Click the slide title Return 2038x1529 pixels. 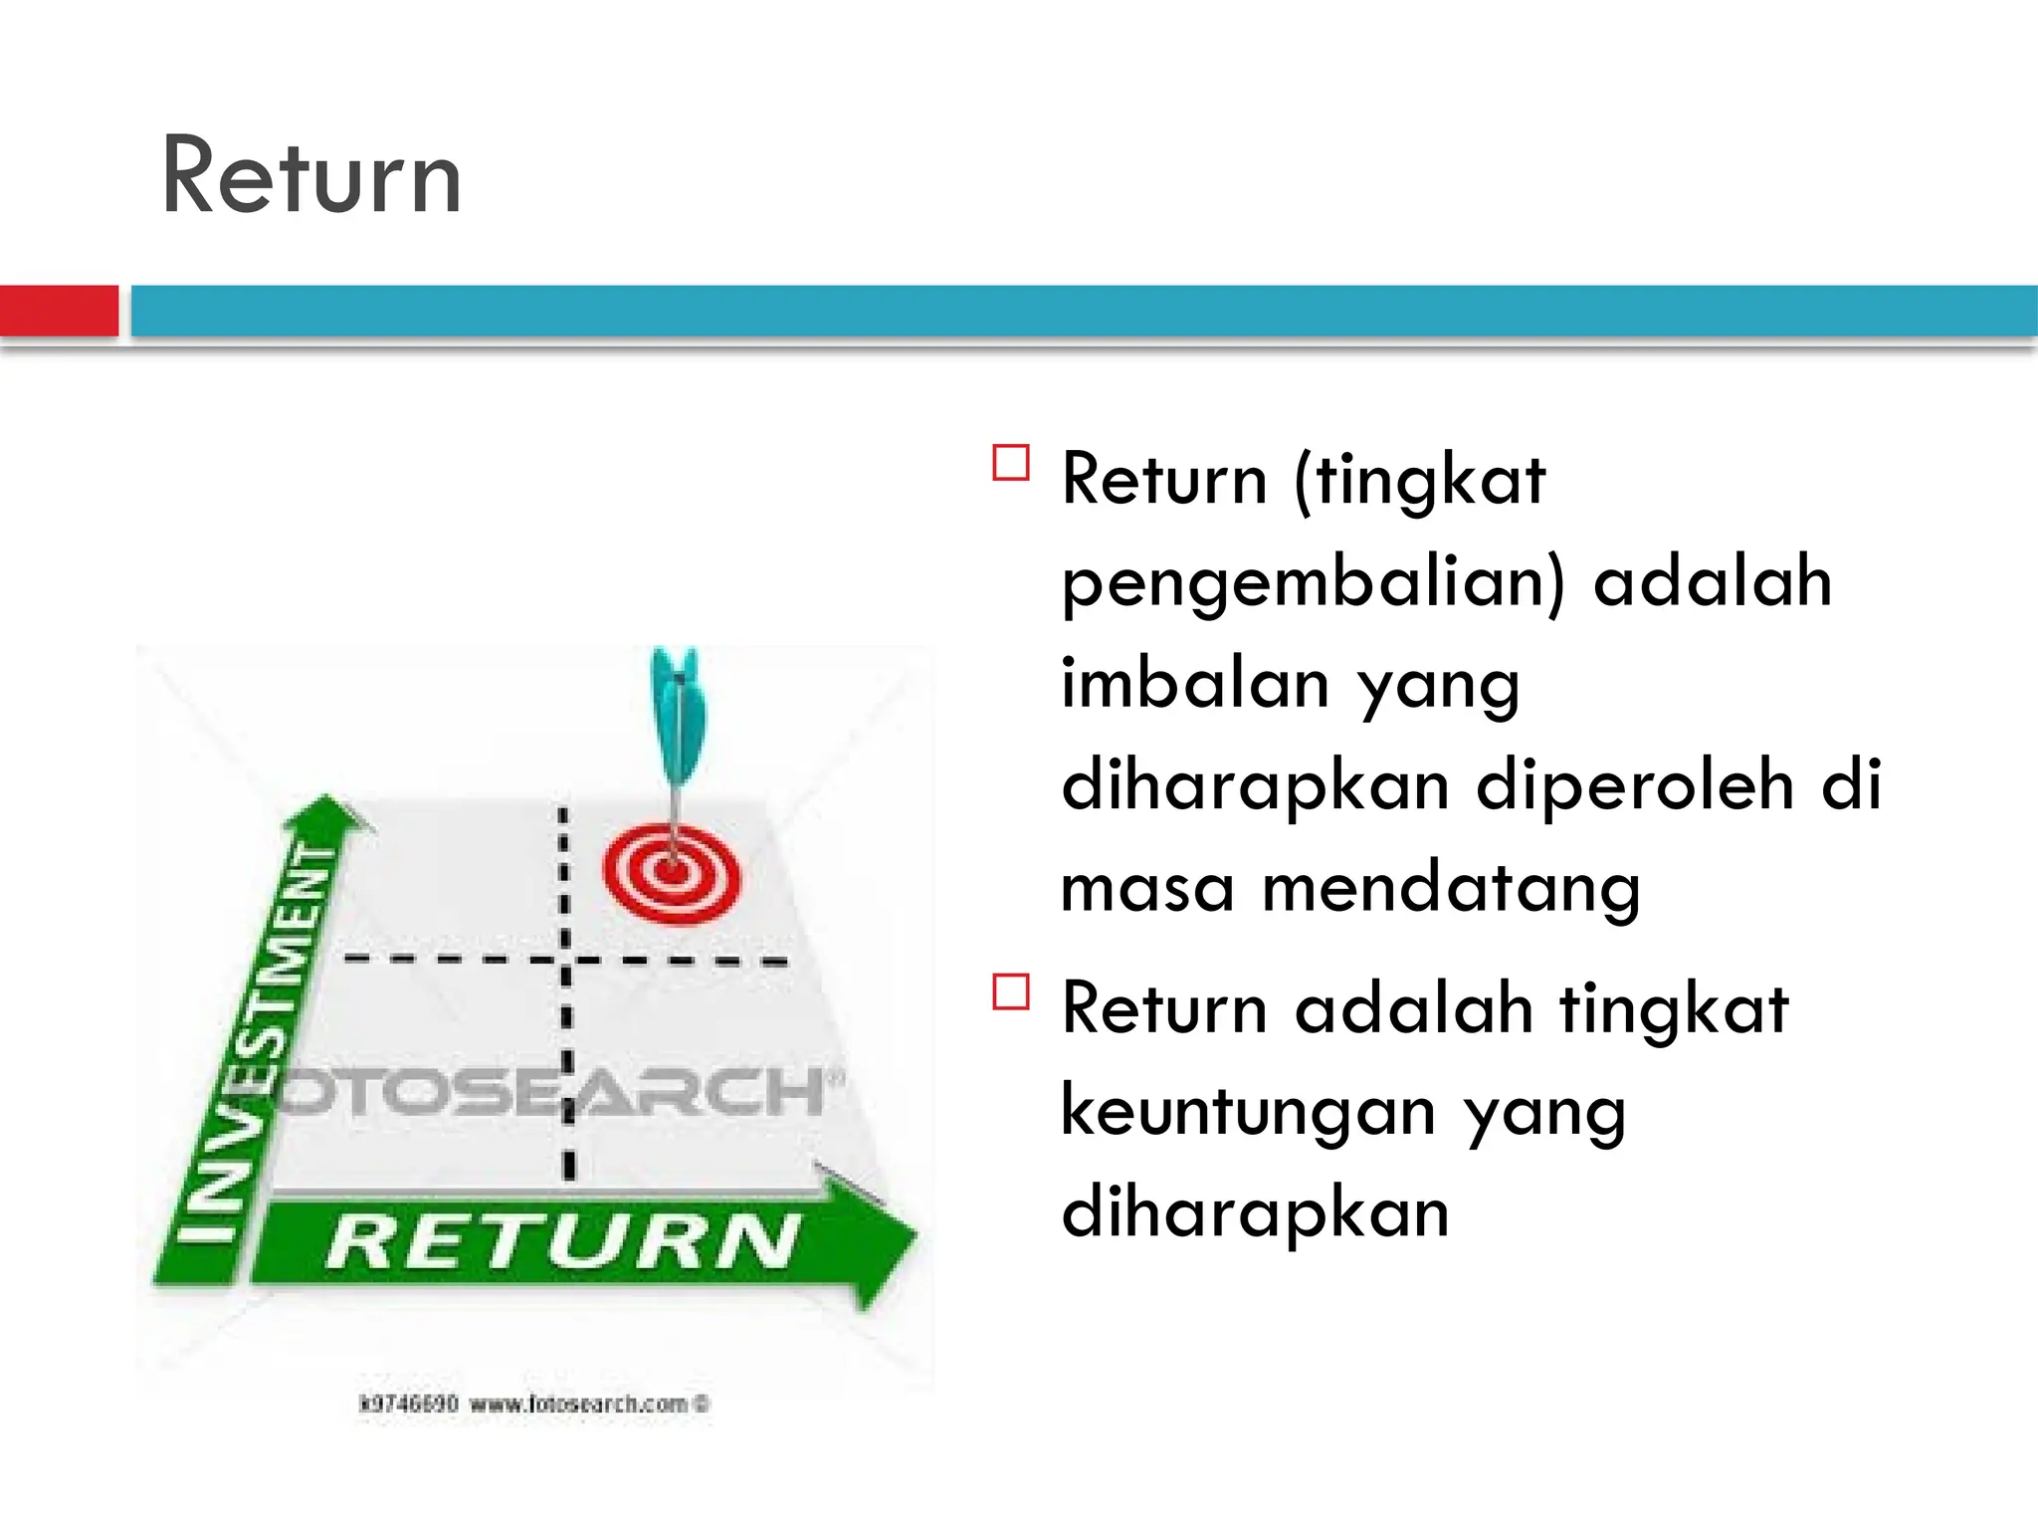point(310,177)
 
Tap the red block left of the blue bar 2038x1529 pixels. point(58,311)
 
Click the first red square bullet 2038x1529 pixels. point(1010,464)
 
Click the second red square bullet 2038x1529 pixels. point(1010,992)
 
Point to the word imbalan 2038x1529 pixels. point(1195,685)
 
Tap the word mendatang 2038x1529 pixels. point(1450,888)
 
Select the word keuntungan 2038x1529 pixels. point(1248,1113)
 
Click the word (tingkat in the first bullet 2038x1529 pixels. point(1420,482)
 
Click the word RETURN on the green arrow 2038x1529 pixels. point(563,1242)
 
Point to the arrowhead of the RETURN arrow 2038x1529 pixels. point(881,1239)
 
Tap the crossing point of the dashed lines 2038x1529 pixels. point(565,961)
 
